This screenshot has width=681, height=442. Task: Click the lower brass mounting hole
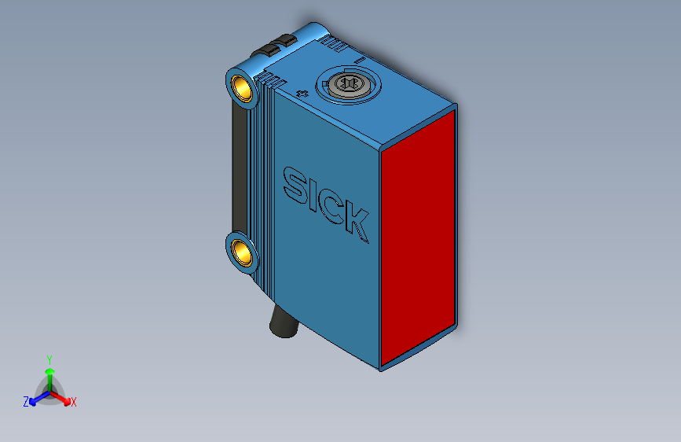tap(243, 252)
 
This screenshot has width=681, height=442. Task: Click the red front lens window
tap(419, 238)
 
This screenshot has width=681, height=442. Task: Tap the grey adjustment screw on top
tap(346, 83)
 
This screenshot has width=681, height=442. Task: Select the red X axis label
tap(74, 403)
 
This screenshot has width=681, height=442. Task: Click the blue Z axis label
tap(25, 402)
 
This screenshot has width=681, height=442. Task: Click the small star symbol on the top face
tap(304, 94)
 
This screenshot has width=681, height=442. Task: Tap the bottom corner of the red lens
tap(382, 367)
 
